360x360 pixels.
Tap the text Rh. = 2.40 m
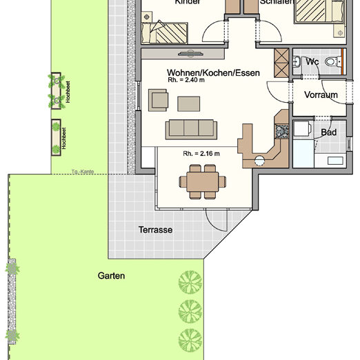coord(186,80)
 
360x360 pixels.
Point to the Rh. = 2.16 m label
coord(201,153)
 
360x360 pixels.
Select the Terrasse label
coord(155,230)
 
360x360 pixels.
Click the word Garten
coord(111,276)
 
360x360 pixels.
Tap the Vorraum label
coord(321,95)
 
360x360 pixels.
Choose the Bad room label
coord(328,132)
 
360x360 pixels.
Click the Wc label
coord(312,62)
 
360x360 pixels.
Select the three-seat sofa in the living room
coord(190,128)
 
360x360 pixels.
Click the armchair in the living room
coord(159,101)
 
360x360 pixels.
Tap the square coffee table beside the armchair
coord(187,103)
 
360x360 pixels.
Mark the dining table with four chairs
coord(201,182)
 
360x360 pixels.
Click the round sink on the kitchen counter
coord(260,161)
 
